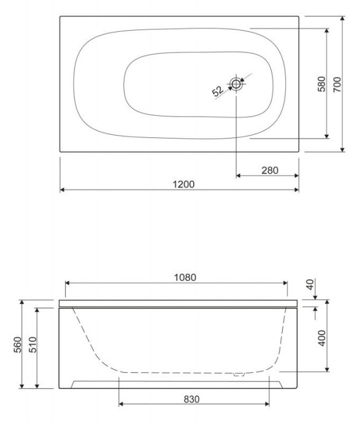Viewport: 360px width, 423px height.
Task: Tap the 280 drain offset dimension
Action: [269, 170]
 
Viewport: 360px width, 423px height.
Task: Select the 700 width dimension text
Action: [337, 84]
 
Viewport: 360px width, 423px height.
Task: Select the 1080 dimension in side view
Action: [184, 276]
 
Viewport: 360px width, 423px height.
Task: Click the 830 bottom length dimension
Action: [192, 398]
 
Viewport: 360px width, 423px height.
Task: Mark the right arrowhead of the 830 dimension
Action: [267, 404]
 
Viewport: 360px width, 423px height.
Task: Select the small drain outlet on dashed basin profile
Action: [240, 373]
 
